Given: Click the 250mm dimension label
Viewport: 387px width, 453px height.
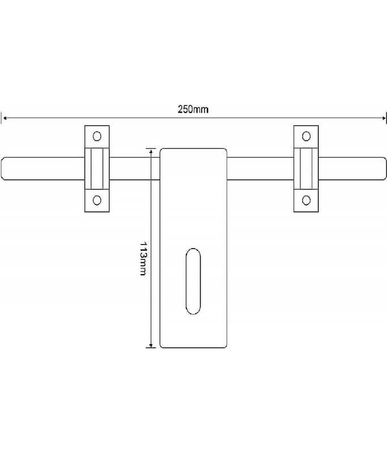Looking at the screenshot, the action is coord(193,109).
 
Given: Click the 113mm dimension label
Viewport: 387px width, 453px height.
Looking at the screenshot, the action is coord(143,259).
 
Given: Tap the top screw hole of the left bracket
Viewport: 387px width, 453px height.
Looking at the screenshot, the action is coord(97,136).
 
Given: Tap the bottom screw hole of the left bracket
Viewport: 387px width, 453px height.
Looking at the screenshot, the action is coord(97,200).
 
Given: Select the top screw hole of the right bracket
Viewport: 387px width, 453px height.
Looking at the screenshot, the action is coord(306,136).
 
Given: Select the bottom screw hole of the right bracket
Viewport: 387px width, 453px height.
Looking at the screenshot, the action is coord(306,200).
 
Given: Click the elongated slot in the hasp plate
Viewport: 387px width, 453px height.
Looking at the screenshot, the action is coord(193,281).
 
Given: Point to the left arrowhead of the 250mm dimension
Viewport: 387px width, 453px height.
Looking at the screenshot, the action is coord(4,118).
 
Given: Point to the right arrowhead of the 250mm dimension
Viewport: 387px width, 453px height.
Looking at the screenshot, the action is coord(384,118).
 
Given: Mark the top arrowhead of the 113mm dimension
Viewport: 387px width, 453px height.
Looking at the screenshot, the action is coord(151,151).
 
